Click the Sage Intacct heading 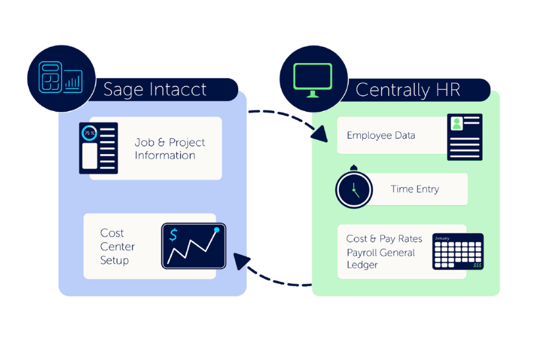coord(155,90)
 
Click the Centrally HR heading coord(408,90)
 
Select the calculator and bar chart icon coord(61,78)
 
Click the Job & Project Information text coord(170,149)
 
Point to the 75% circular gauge coord(89,133)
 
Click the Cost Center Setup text coord(118,247)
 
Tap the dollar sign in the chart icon coord(173,235)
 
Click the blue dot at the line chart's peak coord(217,230)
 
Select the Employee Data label coord(381,136)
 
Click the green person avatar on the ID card coord(457,124)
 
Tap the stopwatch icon coord(354,188)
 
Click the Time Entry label coord(415,189)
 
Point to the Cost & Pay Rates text coord(384,239)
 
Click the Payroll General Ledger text coord(380,259)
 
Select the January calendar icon coord(458,251)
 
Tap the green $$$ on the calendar coord(477,265)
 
